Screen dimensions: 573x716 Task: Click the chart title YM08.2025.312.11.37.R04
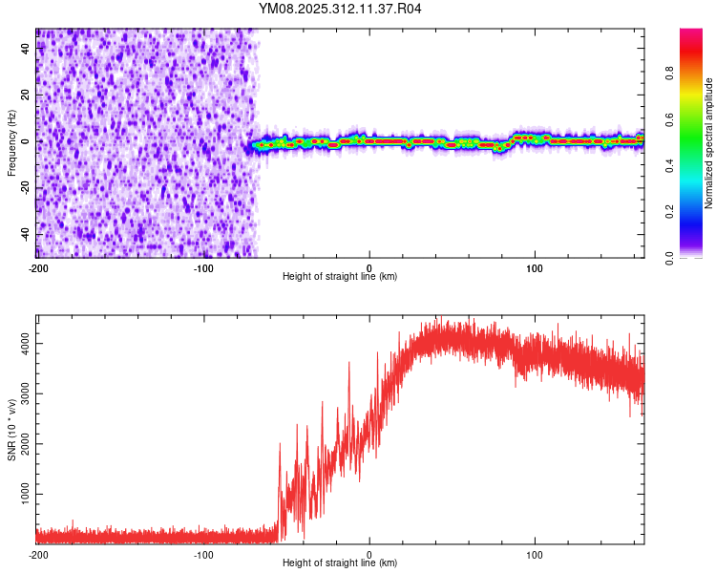pyautogui.click(x=341, y=10)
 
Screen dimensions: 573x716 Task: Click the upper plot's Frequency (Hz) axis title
pyautogui.click(x=11, y=142)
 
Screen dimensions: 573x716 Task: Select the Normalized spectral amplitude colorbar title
pyautogui.click(x=709, y=142)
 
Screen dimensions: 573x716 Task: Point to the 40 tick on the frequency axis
pyautogui.click(x=27, y=49)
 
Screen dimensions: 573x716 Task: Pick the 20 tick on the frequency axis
pyautogui.click(x=27, y=95)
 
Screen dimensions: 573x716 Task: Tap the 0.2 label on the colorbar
pyautogui.click(x=695, y=212)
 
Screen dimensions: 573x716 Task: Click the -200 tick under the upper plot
pyautogui.click(x=37, y=267)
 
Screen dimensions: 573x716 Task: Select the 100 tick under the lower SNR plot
pyautogui.click(x=535, y=555)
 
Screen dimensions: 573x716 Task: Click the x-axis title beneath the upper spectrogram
pyautogui.click(x=340, y=277)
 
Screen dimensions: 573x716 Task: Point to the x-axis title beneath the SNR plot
pyautogui.click(x=340, y=564)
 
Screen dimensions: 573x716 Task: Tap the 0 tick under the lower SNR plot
pyautogui.click(x=369, y=555)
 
